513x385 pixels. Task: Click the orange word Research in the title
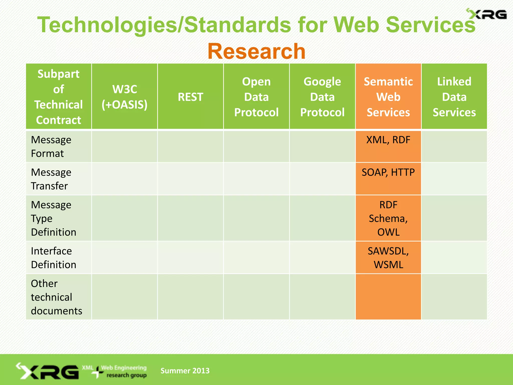pyautogui.click(x=256, y=51)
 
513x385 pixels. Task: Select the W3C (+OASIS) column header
pyautogui.click(x=124, y=97)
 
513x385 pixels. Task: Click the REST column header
pyautogui.click(x=190, y=97)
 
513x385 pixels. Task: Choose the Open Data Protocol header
pyautogui.click(x=256, y=97)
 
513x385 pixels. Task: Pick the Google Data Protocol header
pyautogui.click(x=322, y=97)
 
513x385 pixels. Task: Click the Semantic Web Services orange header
pyautogui.click(x=388, y=97)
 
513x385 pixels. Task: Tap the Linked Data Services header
pyautogui.click(x=454, y=97)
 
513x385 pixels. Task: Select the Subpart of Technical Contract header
pyautogui.click(x=58, y=97)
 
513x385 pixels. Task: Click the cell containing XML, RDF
pyautogui.click(x=388, y=140)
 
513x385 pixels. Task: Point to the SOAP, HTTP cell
pyautogui.click(x=388, y=172)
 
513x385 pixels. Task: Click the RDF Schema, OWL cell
pyautogui.click(x=388, y=218)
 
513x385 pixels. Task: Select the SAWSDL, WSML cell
pyautogui.click(x=388, y=258)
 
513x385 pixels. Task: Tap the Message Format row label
pyautogui.click(x=51, y=147)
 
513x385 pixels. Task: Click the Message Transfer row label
pyautogui.click(x=51, y=179)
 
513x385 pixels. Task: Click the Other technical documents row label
pyautogui.click(x=56, y=297)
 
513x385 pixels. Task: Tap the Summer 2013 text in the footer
pyautogui.click(x=185, y=370)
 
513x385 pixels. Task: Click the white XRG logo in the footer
pyautogui.click(x=48, y=371)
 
